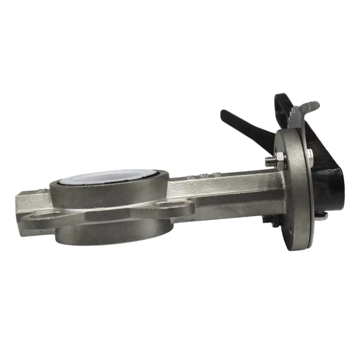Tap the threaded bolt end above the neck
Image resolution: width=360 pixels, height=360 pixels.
(x=268, y=160)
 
